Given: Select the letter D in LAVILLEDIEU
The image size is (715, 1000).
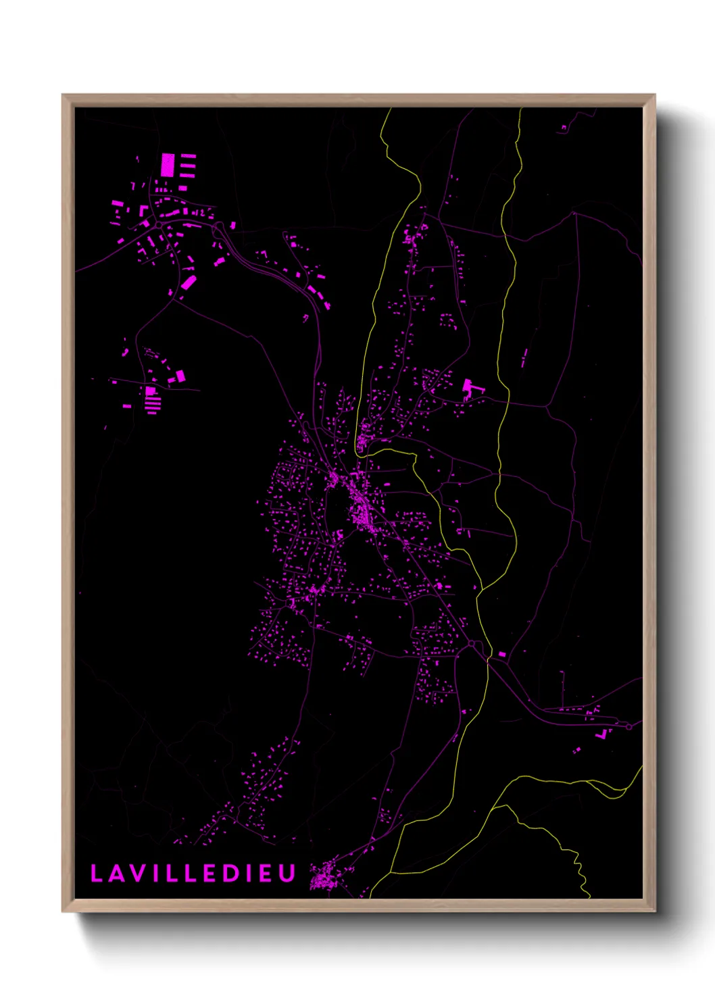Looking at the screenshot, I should [229, 874].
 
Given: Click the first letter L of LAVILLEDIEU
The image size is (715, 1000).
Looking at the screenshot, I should [96, 874].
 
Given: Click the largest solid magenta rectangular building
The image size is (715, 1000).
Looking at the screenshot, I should [168, 165].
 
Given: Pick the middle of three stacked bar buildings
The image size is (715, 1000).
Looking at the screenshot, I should [188, 165].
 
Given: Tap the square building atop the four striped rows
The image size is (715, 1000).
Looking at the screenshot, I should [150, 391].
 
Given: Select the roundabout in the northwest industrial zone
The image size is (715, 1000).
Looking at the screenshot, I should [157, 224].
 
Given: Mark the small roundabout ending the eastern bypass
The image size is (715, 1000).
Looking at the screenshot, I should [628, 726].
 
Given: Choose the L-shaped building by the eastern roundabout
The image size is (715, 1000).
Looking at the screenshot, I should [601, 734].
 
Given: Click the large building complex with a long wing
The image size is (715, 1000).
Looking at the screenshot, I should [470, 389].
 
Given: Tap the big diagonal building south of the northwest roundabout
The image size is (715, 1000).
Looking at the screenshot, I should [188, 282].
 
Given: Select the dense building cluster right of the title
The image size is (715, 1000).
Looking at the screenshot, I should [324, 877].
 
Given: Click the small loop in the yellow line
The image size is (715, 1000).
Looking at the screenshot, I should [414, 459].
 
